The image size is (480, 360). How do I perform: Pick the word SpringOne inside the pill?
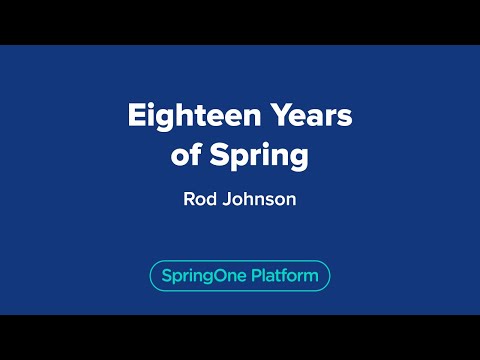tap(198, 275)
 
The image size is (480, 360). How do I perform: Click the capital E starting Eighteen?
tap(135, 118)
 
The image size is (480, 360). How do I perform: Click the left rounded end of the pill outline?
tap(151, 275)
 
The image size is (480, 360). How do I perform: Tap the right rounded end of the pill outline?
tap(328, 275)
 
